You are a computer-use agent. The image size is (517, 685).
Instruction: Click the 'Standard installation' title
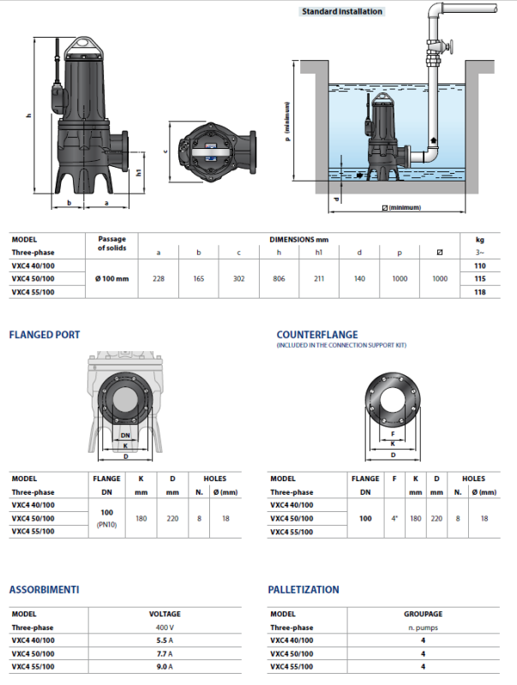[x=341, y=12]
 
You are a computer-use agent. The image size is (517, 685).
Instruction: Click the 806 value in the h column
[x=279, y=278]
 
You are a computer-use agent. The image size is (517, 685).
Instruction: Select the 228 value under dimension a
[x=158, y=278]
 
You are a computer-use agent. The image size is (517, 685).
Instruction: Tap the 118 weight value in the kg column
[x=480, y=292]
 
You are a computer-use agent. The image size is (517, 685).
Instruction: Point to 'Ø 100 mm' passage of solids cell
[x=111, y=278]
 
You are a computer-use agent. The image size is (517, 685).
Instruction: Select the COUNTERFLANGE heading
[x=317, y=334]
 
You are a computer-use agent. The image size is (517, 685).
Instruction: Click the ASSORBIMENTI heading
[x=45, y=589]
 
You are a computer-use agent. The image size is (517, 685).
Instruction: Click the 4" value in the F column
[x=394, y=518]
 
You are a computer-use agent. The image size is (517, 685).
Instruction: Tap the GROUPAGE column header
[x=424, y=614]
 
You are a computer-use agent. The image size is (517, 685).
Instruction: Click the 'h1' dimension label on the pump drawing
[x=138, y=170]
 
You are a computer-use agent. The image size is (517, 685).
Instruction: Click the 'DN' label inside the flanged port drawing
[x=125, y=435]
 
